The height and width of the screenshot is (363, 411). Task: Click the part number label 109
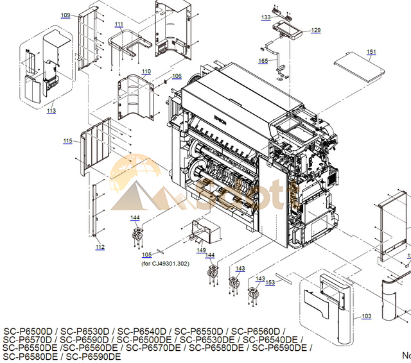[x=66, y=15]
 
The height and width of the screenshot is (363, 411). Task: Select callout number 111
[x=119, y=24]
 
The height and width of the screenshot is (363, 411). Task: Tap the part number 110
[x=146, y=71]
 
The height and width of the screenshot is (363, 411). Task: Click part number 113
[x=51, y=111]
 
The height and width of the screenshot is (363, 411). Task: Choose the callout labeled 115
[x=67, y=141]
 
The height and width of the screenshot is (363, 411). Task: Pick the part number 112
[x=100, y=247]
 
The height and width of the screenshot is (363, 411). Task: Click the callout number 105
[x=146, y=255]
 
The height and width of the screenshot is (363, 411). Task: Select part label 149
[x=201, y=250]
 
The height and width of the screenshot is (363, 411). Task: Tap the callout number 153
[x=270, y=282]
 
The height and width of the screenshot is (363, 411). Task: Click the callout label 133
[x=266, y=17]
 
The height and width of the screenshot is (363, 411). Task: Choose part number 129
[x=315, y=30]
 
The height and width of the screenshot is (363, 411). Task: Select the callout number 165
[x=263, y=61]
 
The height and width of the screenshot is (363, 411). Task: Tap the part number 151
[x=371, y=52]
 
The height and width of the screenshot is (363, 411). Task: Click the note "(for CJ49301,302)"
[x=165, y=263]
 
